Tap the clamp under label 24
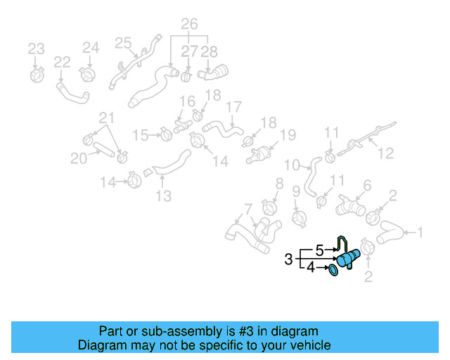click(89, 72)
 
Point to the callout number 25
click(124, 43)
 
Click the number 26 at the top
click(189, 25)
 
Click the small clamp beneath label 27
click(187, 75)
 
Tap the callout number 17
click(234, 108)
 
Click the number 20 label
click(79, 159)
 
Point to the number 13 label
click(163, 196)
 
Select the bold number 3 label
click(289, 259)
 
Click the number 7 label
click(247, 208)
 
